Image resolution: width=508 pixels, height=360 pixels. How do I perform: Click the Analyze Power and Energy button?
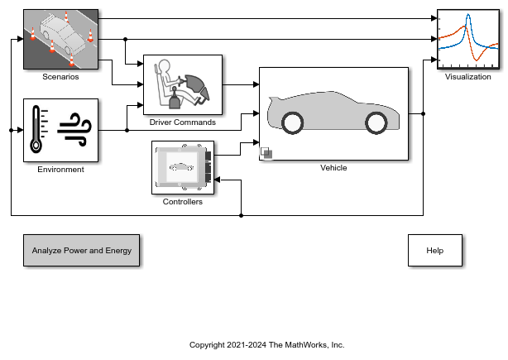point(81,250)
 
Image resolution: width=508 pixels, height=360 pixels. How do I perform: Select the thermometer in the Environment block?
point(36,130)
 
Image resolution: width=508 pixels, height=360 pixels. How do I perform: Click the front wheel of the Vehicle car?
point(376,123)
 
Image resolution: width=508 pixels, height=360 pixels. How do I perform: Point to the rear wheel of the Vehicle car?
point(292,123)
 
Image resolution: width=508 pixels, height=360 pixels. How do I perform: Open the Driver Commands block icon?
point(183,84)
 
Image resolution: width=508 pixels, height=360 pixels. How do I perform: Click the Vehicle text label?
point(333,167)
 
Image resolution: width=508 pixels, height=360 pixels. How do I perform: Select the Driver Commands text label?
point(183,122)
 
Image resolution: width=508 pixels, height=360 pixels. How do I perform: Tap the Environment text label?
point(60,170)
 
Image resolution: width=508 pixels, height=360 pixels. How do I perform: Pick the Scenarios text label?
point(60,77)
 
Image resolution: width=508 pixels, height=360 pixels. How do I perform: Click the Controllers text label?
point(183,201)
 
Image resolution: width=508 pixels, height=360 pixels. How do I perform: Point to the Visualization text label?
point(467,77)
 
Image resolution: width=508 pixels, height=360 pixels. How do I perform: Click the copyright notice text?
point(266,345)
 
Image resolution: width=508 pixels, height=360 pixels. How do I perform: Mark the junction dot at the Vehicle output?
point(423,114)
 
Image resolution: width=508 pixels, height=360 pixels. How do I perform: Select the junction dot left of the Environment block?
point(11,130)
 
